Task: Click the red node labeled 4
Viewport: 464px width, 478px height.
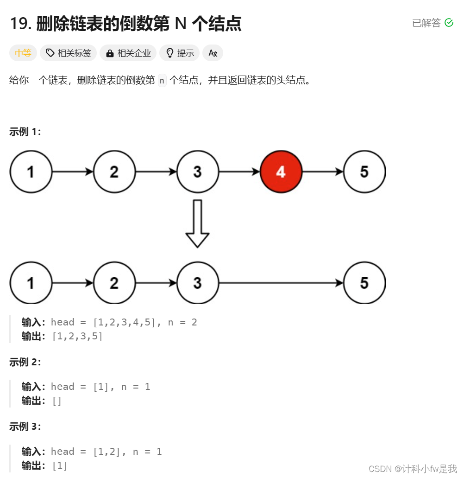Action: coord(281,172)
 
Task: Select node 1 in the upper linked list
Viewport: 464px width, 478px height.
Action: coord(31,172)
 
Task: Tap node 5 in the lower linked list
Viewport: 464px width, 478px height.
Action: coord(364,283)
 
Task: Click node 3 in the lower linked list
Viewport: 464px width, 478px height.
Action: coord(197,283)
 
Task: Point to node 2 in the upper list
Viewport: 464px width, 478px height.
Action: coord(114,172)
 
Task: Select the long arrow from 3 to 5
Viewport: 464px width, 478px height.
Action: coord(281,283)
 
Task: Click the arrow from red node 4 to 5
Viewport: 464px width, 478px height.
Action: coord(322,172)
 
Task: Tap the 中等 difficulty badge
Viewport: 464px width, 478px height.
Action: coord(23,53)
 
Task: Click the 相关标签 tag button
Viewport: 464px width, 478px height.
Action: coord(69,53)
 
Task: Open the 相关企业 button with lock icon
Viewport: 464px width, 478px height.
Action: coord(128,53)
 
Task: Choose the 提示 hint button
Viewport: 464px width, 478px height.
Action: coord(180,53)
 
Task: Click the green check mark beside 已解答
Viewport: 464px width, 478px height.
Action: coord(449,23)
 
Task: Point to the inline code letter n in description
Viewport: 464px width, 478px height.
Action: coord(162,80)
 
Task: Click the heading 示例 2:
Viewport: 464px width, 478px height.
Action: coord(25,362)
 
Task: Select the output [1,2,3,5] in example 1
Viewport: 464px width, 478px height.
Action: coord(77,336)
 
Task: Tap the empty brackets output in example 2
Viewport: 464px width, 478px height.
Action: coord(57,401)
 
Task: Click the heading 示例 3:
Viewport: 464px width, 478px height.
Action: coord(25,427)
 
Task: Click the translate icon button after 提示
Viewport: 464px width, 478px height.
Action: coord(213,53)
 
